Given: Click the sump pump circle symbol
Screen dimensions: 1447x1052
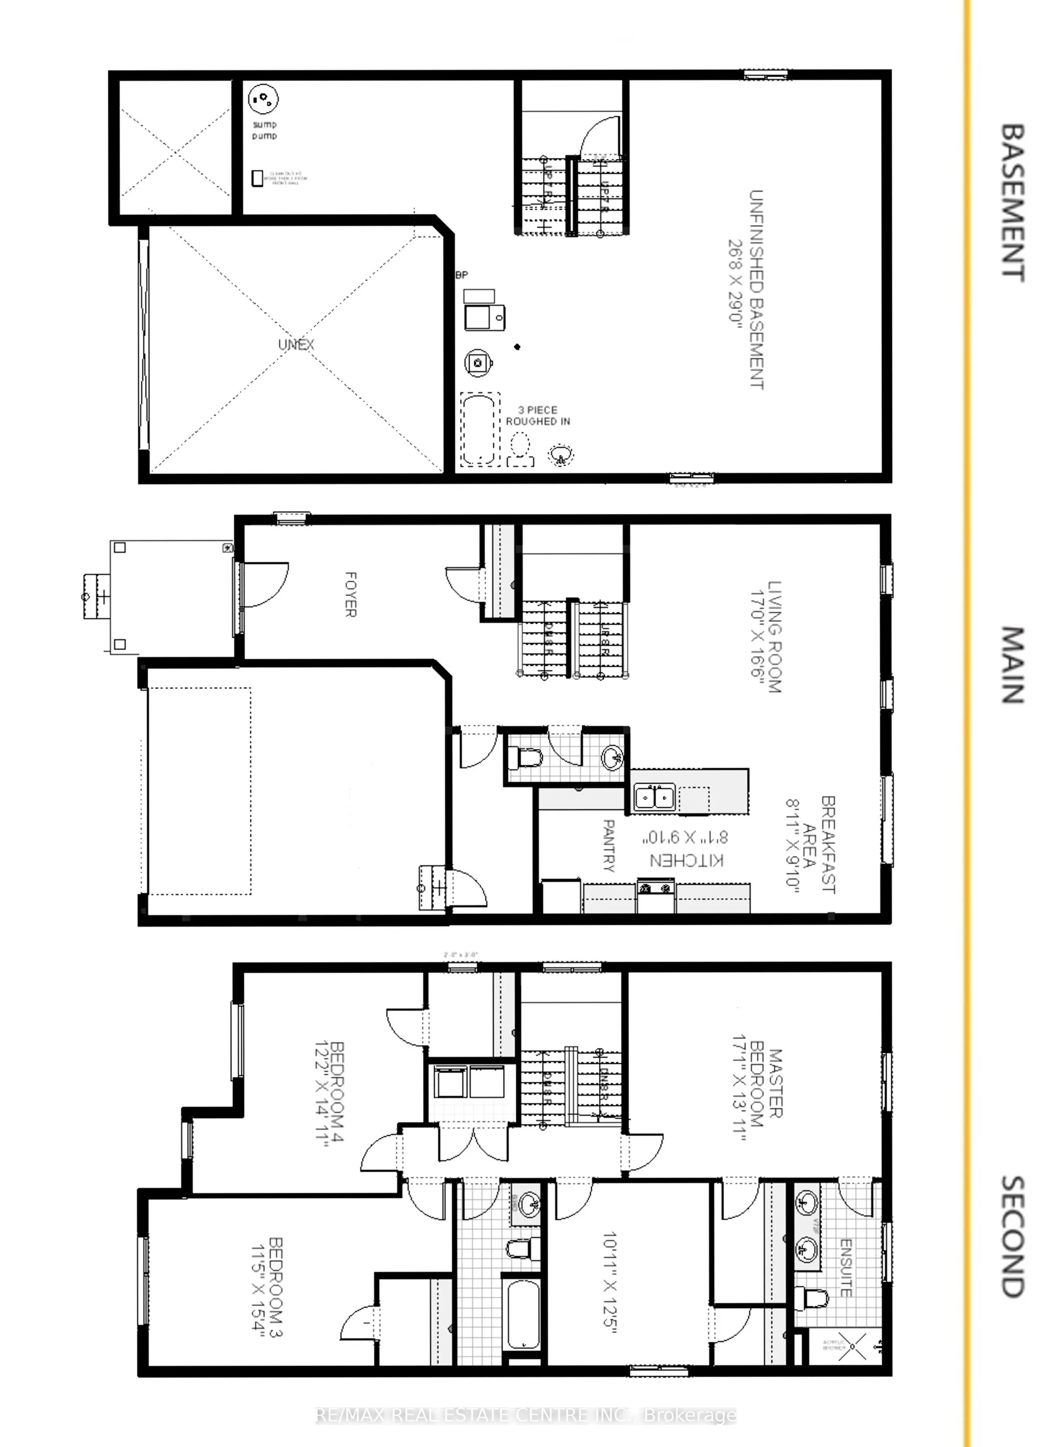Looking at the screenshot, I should point(263,99).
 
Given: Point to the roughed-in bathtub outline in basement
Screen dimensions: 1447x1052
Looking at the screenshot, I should point(479,429).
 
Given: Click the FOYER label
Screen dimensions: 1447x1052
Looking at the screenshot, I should point(350,594).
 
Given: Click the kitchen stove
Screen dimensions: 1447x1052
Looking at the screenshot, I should point(656,887).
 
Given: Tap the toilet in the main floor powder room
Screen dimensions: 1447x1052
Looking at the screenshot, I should point(526,759).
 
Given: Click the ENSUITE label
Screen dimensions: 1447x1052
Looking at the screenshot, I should point(845,1268).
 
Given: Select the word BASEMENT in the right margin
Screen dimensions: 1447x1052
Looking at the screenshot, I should point(1013,203).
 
